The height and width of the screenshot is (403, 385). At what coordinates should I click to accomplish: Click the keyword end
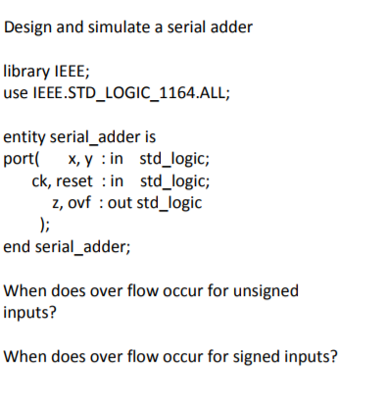17,246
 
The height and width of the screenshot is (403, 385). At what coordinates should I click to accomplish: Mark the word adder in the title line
231,26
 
